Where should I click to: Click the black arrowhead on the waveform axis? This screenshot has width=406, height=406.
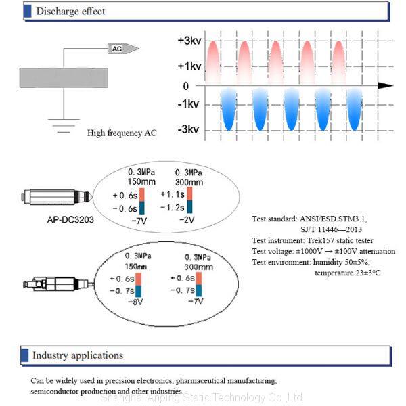[x=385, y=86]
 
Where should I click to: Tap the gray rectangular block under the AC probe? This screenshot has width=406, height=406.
[x=64, y=77]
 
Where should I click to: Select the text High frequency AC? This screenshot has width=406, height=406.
[x=122, y=133]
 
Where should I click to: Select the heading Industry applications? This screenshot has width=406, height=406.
[x=78, y=355]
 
